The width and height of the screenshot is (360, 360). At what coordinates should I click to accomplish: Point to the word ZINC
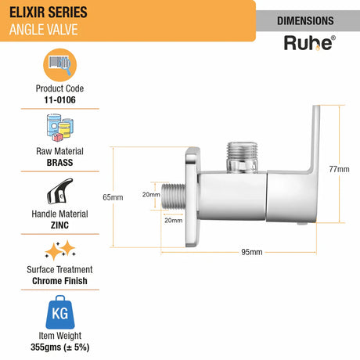(x=63, y=224)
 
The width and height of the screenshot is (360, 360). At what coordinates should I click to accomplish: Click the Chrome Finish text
(x=63, y=280)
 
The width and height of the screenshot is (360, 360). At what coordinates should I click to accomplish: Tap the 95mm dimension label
(x=250, y=251)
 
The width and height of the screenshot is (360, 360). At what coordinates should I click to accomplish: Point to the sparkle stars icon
(x=63, y=250)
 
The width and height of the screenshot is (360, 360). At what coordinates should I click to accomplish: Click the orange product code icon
(x=63, y=63)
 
